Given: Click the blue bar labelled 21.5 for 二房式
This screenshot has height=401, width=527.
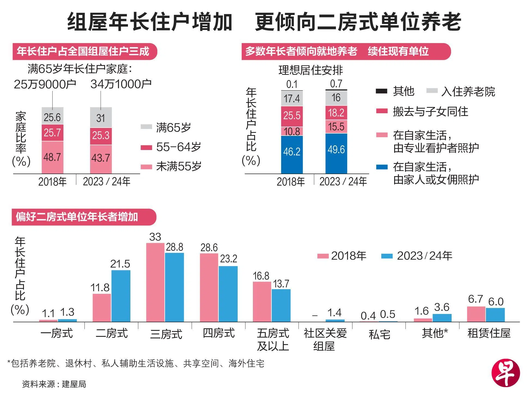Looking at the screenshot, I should click(121, 296).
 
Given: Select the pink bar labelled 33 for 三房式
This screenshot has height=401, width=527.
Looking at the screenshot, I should click(155, 282).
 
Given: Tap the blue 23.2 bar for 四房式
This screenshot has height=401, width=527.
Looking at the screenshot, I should click(228, 294).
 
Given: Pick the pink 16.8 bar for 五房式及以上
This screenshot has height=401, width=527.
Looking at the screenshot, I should click(262, 302).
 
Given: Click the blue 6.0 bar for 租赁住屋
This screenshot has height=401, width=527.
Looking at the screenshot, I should click(495, 315).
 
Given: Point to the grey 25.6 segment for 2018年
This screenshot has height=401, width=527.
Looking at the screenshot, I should click(52, 116).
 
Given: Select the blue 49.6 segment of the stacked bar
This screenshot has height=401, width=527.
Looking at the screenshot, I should click(336, 153).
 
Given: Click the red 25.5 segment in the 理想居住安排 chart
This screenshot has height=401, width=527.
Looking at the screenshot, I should click(292, 116).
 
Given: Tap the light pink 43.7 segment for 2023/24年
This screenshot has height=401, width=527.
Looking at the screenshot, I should click(101, 159).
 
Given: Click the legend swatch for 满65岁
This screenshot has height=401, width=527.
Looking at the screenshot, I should click(146, 127).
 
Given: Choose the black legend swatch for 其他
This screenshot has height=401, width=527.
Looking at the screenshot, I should click(381, 91).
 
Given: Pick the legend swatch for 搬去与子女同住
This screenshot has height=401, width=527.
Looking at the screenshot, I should click(381, 111).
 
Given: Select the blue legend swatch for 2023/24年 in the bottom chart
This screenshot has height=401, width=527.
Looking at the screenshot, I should click(387, 256).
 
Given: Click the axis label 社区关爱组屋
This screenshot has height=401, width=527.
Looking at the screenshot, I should click(325, 339).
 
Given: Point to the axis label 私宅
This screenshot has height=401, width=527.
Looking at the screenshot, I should click(379, 334).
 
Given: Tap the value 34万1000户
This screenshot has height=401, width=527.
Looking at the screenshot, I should click(121, 84).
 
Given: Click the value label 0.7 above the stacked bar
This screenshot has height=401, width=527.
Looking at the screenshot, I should click(336, 84).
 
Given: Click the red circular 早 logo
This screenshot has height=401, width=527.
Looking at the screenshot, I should click(505, 373).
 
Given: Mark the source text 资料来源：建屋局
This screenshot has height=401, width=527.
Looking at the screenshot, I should click(54, 384).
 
